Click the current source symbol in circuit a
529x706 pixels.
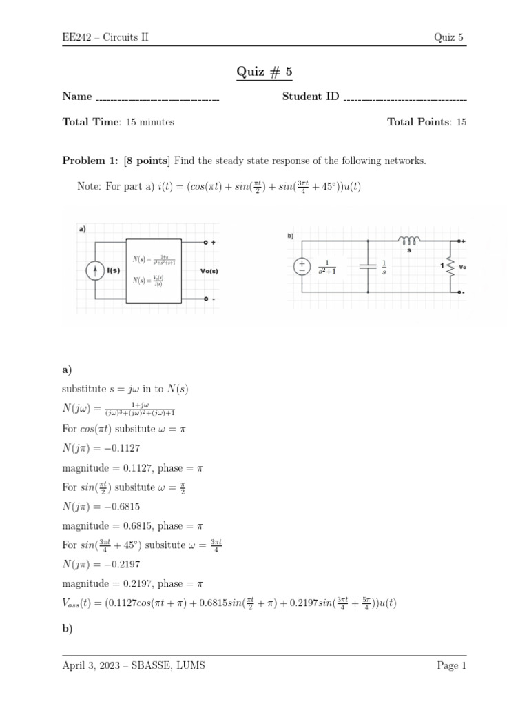94,270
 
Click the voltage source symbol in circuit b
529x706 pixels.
301,266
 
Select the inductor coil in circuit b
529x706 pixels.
408,241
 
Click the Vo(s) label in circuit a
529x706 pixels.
209,271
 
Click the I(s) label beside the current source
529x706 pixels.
112,270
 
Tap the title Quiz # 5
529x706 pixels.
264,72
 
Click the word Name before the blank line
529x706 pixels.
77,97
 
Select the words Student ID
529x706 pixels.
311,97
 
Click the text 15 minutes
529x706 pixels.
150,122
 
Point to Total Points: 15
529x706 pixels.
426,122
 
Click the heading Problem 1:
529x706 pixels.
91,161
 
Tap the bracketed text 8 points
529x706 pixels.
147,161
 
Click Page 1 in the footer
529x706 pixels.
451,665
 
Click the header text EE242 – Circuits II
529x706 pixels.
105,37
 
